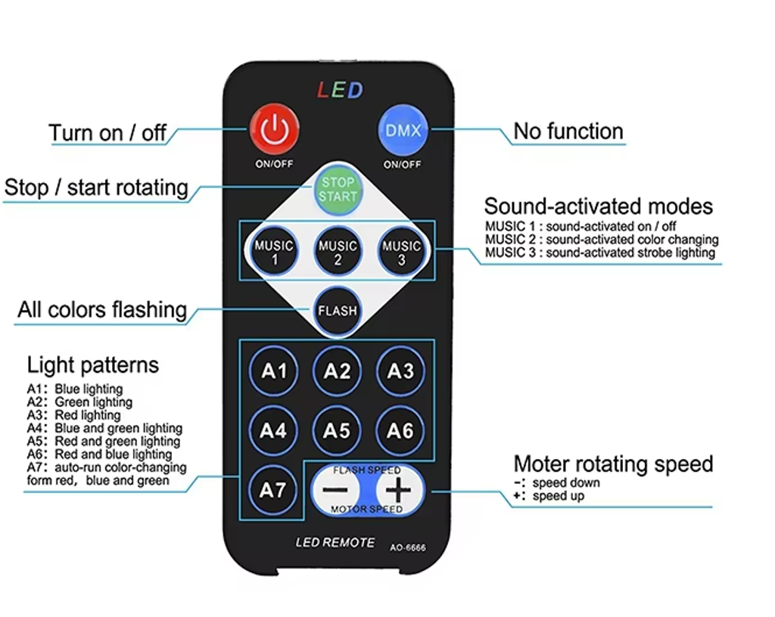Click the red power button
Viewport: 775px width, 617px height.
coord(274,130)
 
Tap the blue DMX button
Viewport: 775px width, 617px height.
coord(403,130)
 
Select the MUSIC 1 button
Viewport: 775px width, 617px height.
coord(274,253)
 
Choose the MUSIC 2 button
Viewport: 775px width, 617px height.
coord(338,253)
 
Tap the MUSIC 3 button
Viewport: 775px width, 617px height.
coord(401,253)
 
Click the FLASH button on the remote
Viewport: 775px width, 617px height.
coord(338,310)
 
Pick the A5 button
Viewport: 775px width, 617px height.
coord(338,430)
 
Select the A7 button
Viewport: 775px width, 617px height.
coord(273,490)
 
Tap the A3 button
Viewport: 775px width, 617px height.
coord(400,371)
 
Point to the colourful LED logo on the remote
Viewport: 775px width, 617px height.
coord(340,91)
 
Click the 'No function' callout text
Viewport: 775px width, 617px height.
coord(568,132)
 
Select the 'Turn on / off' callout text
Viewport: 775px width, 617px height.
coord(107,133)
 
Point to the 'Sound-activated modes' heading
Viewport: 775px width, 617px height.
coord(598,206)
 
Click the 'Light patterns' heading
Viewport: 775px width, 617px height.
coord(93,365)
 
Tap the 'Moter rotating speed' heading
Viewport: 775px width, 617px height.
coord(613,464)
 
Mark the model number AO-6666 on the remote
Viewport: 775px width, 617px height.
coord(408,547)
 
